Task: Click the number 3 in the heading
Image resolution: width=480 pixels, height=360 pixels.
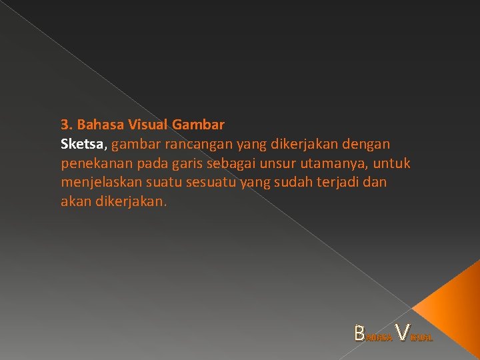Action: tap(64, 125)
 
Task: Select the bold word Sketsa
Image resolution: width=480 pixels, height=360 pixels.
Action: tap(82, 144)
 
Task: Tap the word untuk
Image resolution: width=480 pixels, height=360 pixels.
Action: tap(393, 163)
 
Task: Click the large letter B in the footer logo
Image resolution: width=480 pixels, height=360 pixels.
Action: tap(360, 332)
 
